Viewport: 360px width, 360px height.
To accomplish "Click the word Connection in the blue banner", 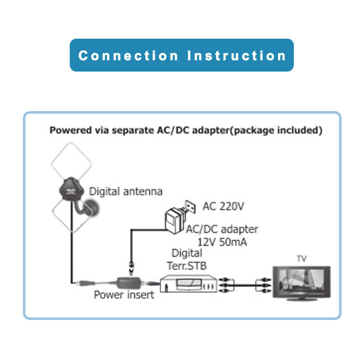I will coord(128,56).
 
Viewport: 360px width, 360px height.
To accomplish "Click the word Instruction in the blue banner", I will coord(237,56).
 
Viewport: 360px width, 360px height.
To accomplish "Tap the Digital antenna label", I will coord(126,191).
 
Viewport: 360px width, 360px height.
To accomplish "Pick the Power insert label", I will coord(124,295).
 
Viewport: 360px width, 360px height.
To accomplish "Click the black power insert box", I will coord(129,283).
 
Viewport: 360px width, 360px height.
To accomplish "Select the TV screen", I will coord(301,282).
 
